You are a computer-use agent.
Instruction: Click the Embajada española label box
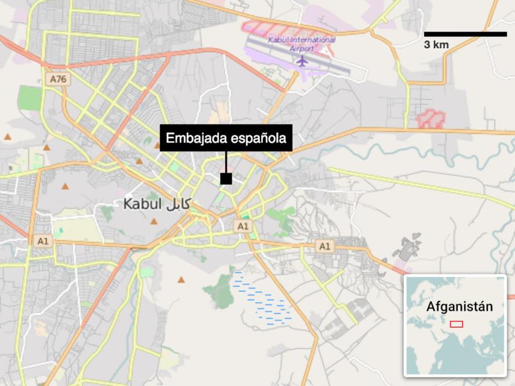tap(226, 138)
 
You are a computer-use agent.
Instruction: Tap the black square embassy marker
tap(226, 179)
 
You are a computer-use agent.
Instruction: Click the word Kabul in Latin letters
tap(142, 204)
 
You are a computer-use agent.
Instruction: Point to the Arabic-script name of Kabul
tap(177, 204)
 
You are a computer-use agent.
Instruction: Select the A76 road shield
tap(58, 79)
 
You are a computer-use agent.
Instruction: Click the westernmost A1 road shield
tap(42, 241)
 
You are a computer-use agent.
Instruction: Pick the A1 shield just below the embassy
tap(242, 226)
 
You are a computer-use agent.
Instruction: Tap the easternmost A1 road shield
tap(324, 246)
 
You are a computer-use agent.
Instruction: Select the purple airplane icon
tap(302, 61)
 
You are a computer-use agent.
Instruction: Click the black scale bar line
tap(465, 34)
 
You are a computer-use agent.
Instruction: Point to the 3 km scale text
tap(436, 45)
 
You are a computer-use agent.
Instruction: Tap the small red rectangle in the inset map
tap(457, 324)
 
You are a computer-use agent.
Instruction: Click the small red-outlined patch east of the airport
tap(431, 119)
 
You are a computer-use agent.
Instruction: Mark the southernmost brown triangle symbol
tap(181, 280)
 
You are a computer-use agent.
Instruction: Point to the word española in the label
tap(259, 138)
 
